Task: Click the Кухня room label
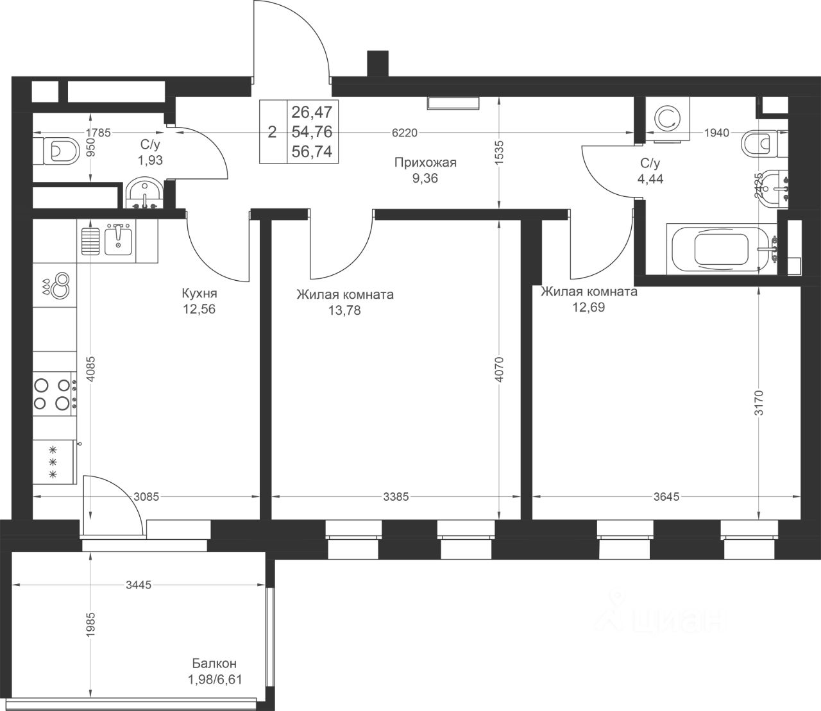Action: tap(199, 294)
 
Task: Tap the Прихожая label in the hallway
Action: tap(425, 162)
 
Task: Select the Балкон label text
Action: tap(214, 663)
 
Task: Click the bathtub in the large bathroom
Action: tap(722, 249)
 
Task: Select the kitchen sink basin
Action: tap(118, 238)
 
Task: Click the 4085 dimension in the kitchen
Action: tap(91, 369)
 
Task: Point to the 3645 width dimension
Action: tap(666, 497)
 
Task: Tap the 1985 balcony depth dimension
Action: tap(91, 624)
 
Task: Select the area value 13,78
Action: tap(344, 310)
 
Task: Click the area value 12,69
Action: tap(588, 307)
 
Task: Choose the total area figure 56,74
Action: tap(312, 151)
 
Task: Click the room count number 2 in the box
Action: tap(272, 132)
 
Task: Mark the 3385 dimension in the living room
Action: tap(396, 497)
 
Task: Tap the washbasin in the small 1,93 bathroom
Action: tap(144, 194)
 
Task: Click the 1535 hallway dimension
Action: tap(500, 152)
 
